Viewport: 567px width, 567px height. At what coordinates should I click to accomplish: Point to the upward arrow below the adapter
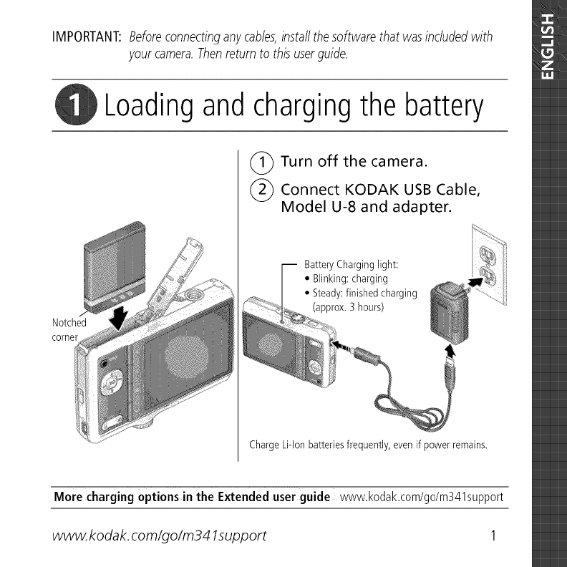[449, 352]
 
